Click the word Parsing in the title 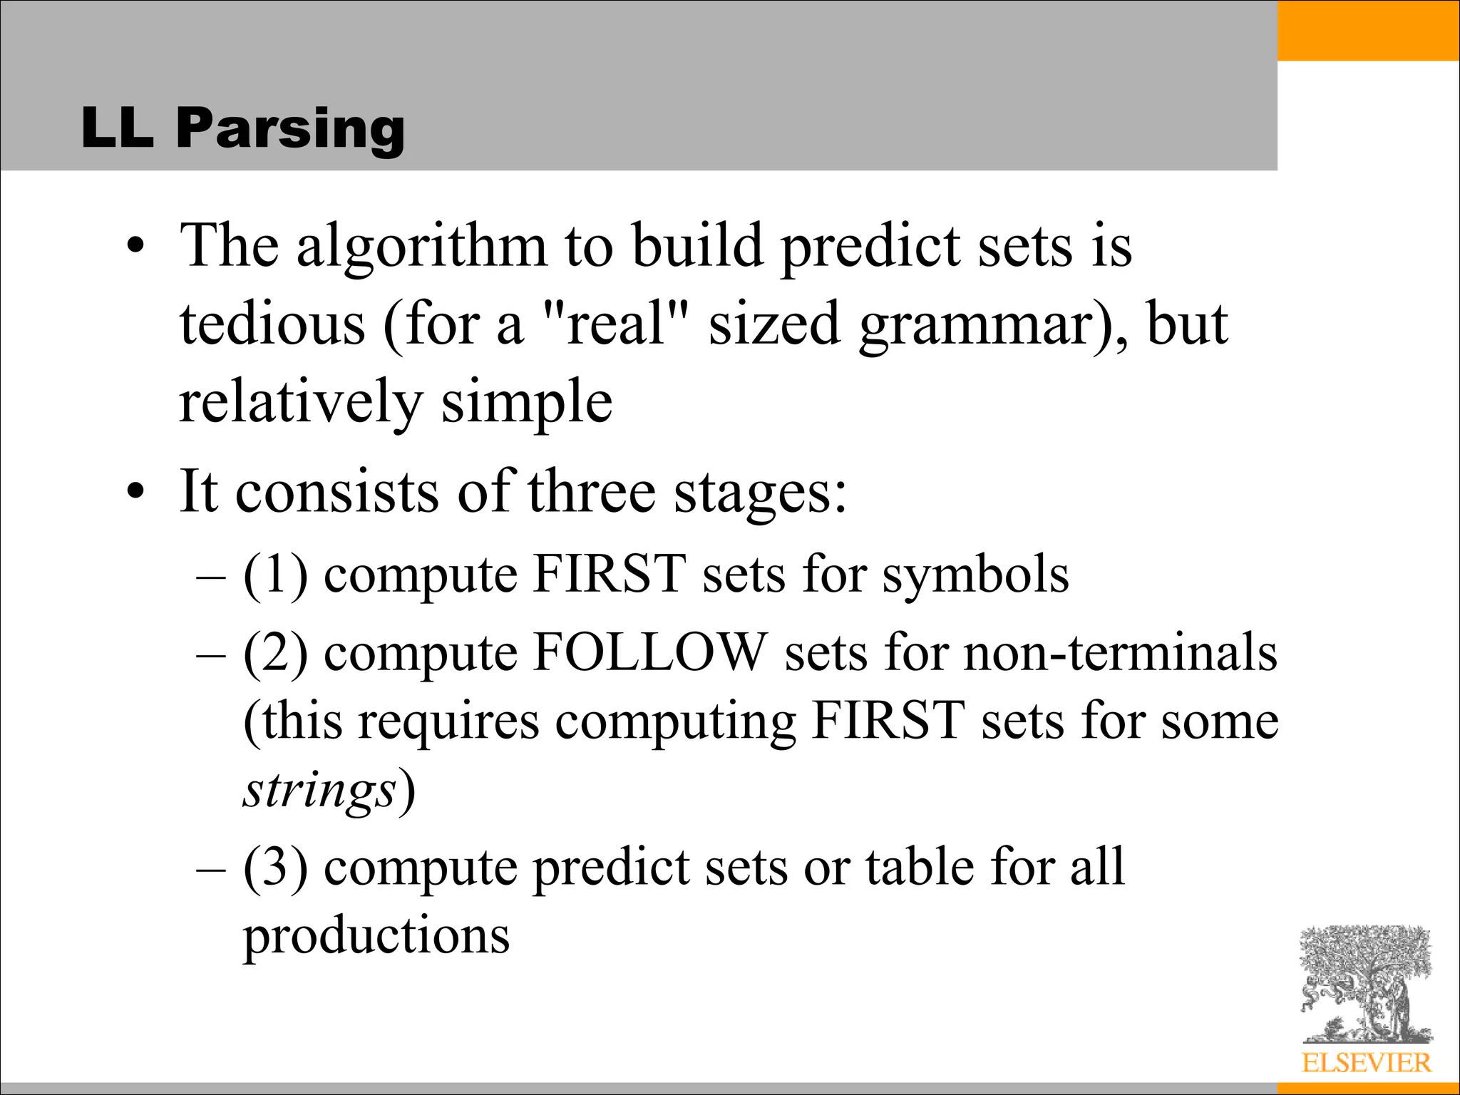[x=290, y=128]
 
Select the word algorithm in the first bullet [x=421, y=246]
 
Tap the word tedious [x=272, y=324]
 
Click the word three [x=592, y=492]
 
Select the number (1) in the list [x=275, y=575]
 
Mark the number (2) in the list [x=275, y=653]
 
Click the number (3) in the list [x=275, y=868]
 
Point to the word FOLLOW [x=650, y=652]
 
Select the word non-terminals [x=1120, y=652]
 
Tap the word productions [x=376, y=935]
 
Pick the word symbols [x=976, y=575]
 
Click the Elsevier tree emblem [x=1365, y=985]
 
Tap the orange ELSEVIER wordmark [x=1366, y=1063]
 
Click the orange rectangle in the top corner [x=1368, y=30]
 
